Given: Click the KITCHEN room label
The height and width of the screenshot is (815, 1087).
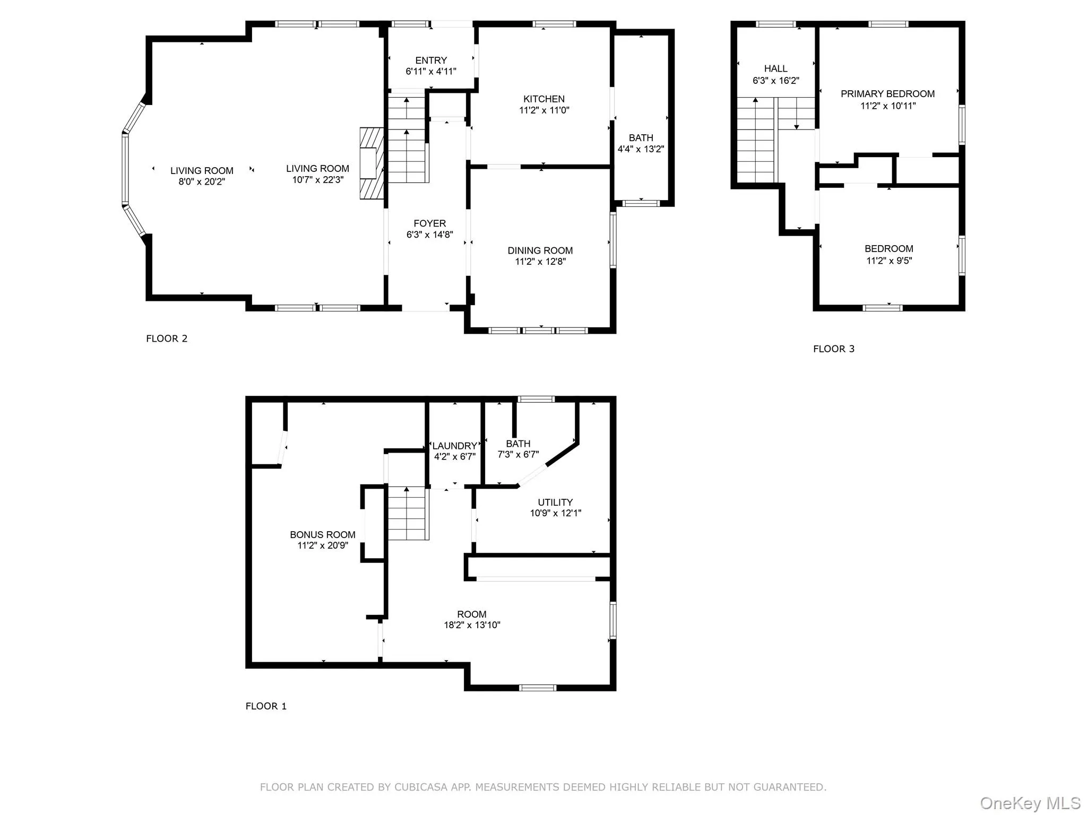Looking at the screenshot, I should point(543,99).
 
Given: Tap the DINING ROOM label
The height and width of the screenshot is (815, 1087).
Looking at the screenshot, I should point(540,250).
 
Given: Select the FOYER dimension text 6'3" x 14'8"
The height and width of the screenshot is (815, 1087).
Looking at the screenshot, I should point(429,235).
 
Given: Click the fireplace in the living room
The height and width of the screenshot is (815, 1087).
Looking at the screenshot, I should point(372,163).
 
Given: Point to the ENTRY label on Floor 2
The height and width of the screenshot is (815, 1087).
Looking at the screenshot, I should point(430,60).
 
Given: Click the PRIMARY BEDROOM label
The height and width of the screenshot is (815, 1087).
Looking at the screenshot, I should point(887,94).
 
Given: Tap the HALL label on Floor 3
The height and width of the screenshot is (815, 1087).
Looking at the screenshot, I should point(775,68).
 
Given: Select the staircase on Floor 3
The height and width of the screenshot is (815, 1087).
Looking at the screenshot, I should point(756,141).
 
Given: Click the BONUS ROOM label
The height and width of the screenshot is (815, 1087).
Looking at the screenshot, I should point(322,535).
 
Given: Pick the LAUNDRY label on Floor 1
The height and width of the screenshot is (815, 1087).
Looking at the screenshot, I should point(454,446).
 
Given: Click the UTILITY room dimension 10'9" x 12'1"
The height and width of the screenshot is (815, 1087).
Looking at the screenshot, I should point(555,513).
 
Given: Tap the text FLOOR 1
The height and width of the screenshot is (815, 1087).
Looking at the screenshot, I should point(266,706).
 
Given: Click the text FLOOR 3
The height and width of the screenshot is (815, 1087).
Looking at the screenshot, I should point(833,349).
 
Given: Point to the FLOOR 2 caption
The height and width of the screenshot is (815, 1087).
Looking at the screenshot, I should point(167,339).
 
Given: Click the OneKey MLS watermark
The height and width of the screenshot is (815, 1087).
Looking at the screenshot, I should point(1030,803).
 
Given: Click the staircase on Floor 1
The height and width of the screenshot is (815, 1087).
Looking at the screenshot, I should point(407,514).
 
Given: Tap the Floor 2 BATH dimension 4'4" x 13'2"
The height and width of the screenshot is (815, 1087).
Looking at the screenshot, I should point(641,149).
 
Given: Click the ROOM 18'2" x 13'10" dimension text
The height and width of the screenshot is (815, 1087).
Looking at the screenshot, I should point(472,625).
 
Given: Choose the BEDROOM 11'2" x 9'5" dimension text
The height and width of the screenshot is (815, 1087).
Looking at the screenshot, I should point(888,261).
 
